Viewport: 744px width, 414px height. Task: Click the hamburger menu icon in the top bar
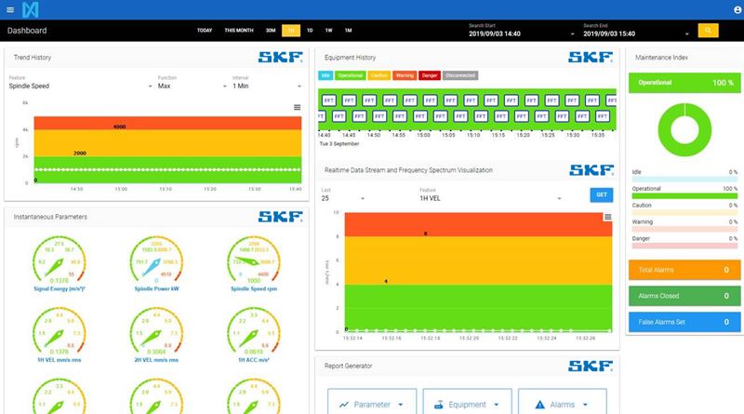click(x=10, y=10)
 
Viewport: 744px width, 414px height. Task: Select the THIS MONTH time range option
click(x=238, y=31)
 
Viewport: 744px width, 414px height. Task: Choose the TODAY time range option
click(x=206, y=31)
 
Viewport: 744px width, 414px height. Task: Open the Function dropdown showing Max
click(x=190, y=86)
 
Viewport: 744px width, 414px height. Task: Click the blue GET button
click(x=601, y=194)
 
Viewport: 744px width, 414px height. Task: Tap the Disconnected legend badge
click(x=461, y=74)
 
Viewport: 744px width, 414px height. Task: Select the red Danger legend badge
click(x=430, y=74)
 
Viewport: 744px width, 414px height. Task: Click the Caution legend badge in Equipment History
click(x=379, y=74)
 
